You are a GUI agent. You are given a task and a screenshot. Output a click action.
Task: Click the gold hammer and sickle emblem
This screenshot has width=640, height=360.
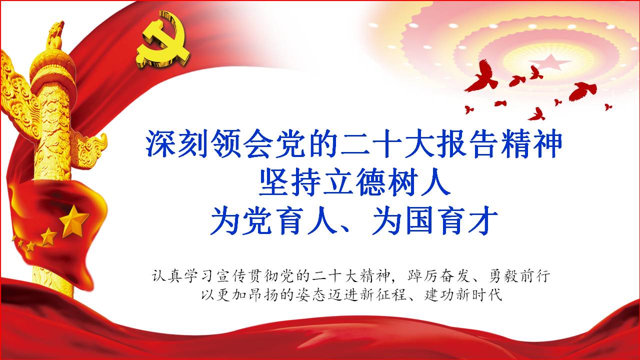pos(162,40)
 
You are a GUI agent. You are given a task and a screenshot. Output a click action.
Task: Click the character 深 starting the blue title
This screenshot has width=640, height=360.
pos(161,143)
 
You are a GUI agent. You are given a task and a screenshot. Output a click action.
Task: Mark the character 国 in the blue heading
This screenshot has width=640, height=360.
pos(419,221)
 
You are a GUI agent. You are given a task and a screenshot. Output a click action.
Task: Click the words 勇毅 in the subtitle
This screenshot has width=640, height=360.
pos(504,276)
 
